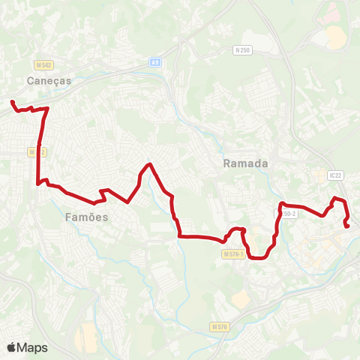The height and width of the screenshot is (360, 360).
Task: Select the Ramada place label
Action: click(240, 163)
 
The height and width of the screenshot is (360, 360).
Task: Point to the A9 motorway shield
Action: click(154, 62)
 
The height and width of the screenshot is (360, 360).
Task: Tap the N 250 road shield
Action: click(241, 50)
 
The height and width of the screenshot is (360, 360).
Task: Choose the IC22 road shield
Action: click(335, 174)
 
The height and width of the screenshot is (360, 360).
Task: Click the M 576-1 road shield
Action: click(234, 254)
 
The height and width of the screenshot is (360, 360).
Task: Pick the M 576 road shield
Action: click(219, 327)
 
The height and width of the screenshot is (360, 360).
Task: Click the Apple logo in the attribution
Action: click(12, 347)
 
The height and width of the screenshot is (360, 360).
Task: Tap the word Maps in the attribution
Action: click(32, 347)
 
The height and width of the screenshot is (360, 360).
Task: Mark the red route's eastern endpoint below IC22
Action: click(346, 226)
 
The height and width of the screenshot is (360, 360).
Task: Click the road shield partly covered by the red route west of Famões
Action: click(33, 151)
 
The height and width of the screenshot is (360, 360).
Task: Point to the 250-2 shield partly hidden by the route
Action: click(289, 214)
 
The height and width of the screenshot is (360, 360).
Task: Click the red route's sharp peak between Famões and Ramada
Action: click(151, 164)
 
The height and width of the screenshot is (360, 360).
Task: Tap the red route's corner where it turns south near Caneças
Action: click(47, 109)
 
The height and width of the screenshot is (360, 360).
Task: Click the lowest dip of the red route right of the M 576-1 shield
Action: click(257, 258)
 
